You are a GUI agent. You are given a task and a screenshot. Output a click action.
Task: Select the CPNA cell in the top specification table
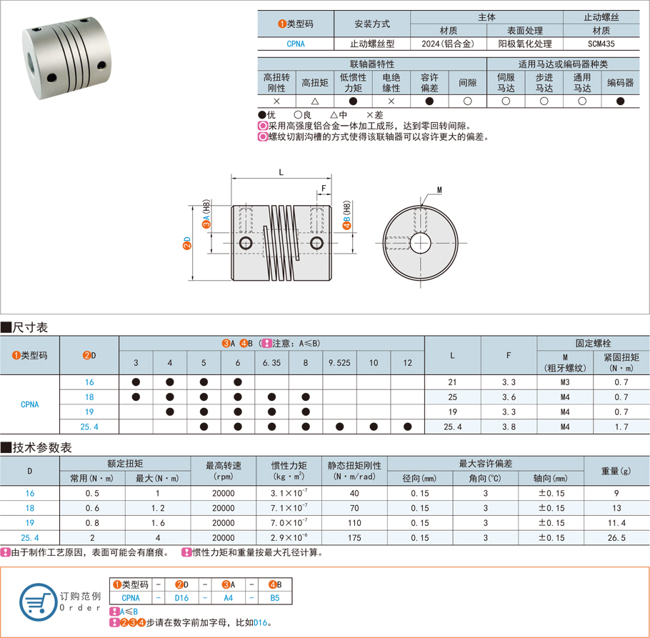[295, 44]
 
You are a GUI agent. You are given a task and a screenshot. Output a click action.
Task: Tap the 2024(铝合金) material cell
[449, 44]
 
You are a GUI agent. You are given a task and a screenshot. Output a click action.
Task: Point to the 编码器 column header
[620, 83]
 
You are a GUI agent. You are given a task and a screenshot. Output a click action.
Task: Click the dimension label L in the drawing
[281, 172]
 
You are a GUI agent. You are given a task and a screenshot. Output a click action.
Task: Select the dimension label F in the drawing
[324, 189]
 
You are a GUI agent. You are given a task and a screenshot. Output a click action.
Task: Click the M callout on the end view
[439, 190]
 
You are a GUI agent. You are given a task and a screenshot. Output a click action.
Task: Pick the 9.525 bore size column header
[339, 363]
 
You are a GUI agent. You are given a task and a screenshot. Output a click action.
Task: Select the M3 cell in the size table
[564, 382]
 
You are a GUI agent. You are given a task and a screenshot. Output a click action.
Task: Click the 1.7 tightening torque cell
[621, 427]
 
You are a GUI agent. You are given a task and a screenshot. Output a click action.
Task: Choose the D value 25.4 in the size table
[89, 427]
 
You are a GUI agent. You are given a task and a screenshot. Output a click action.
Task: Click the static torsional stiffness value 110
[354, 523]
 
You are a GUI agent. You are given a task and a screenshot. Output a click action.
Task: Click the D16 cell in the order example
[182, 598]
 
